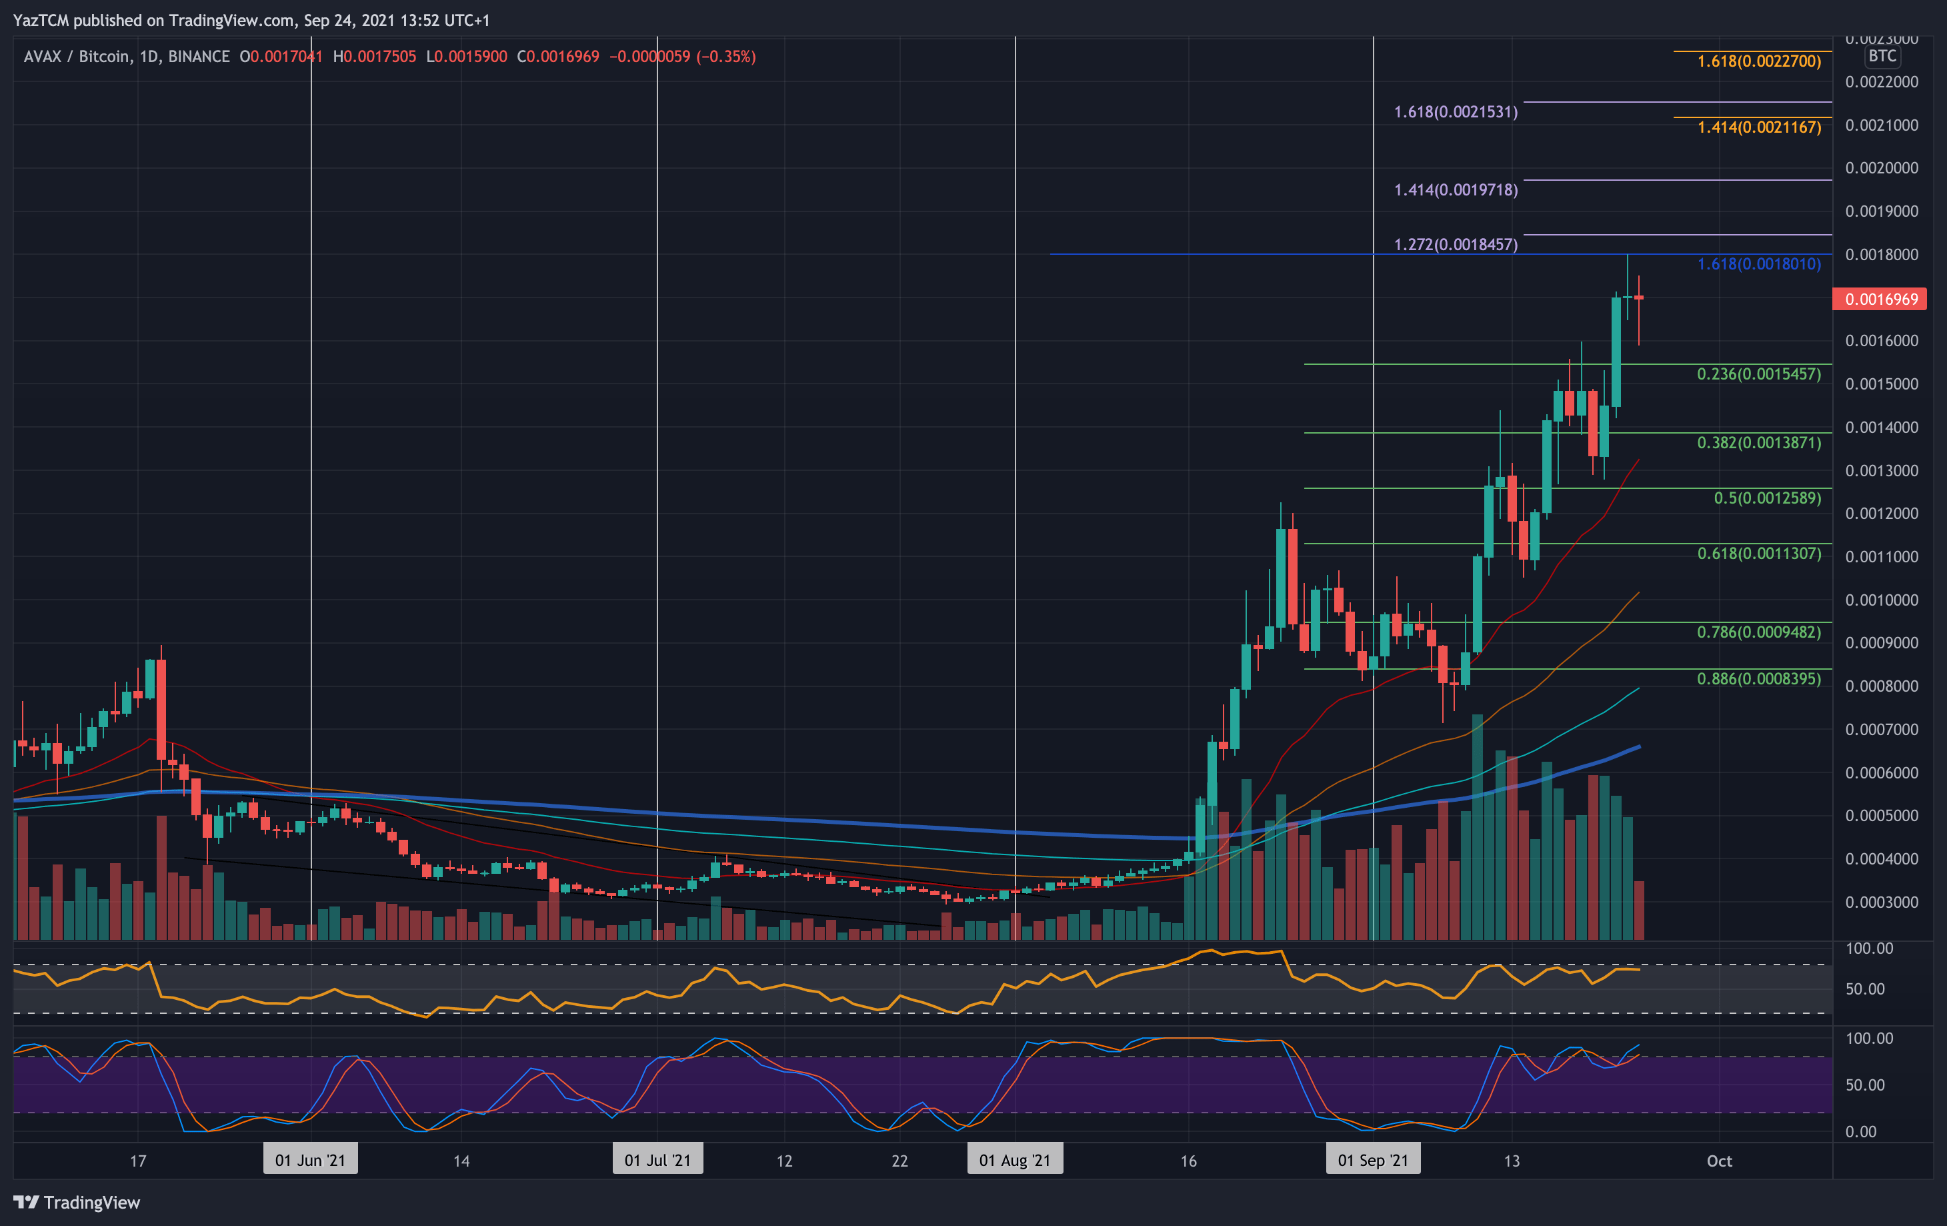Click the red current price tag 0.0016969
1880,299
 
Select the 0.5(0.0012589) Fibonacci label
1767,498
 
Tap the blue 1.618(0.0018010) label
1758,264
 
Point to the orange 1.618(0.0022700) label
1758,61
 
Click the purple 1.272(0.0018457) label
1456,244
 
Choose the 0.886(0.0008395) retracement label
1758,678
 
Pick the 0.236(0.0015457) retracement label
1758,374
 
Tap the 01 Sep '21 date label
1373,1161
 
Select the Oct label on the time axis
1719,1161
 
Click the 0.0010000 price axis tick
1882,600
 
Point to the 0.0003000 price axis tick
1882,902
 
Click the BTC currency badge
1882,56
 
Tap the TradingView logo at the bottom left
77,1203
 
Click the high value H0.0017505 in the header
374,57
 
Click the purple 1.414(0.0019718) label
1456,190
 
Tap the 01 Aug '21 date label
1015,1161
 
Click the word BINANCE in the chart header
199,57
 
